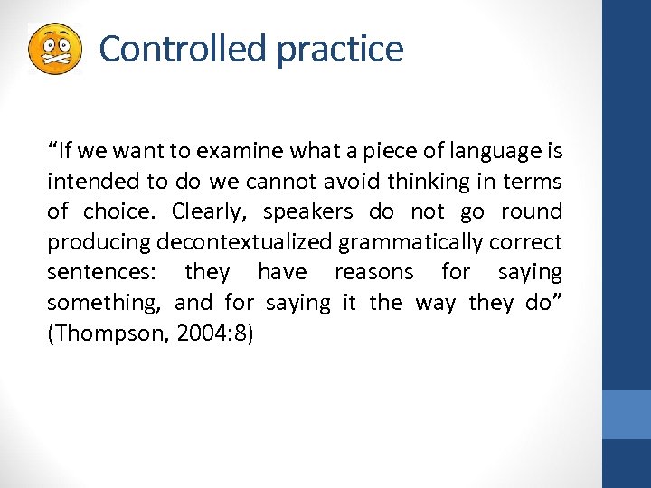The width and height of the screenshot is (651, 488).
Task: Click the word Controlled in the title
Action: pos(184,48)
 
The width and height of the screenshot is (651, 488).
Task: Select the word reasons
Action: pos(373,272)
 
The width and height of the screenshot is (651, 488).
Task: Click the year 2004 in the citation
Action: pos(196,333)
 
